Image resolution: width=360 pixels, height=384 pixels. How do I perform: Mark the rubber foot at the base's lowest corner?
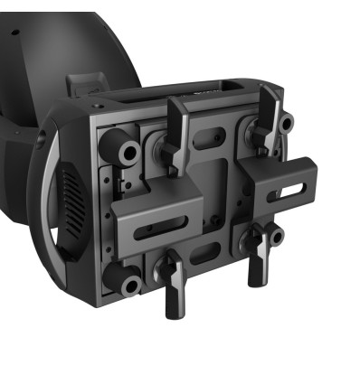click(128, 286)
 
